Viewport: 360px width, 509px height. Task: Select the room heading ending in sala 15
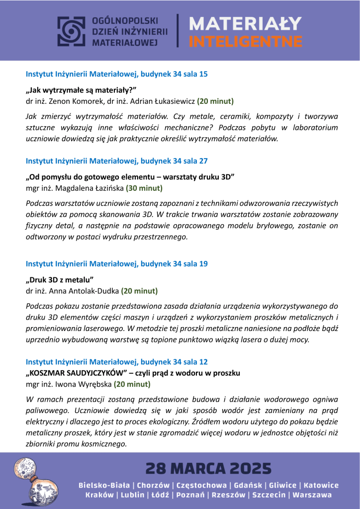pyautogui.click(x=116, y=74)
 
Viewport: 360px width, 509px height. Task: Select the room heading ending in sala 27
pyautogui.click(x=116, y=161)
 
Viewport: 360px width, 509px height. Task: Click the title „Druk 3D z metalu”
pyautogui.click(x=60, y=279)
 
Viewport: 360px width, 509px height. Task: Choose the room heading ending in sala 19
pyautogui.click(x=116, y=263)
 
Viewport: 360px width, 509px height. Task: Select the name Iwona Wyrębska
pyautogui.click(x=82, y=384)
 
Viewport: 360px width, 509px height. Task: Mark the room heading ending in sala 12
pyautogui.click(x=116, y=361)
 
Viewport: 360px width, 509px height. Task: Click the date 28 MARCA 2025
pyautogui.click(x=208, y=468)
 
